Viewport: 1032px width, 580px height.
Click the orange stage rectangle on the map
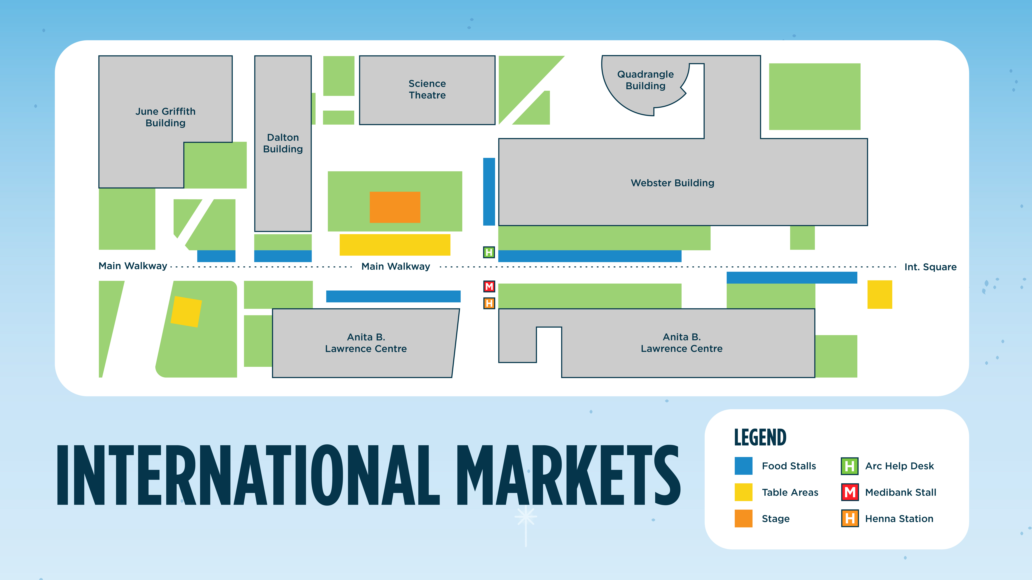[395, 207]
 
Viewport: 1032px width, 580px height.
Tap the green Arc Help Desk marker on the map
[489, 252]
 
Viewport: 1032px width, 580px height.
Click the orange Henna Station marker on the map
[489, 303]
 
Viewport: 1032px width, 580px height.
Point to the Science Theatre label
[427, 89]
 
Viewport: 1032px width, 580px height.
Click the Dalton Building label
[283, 143]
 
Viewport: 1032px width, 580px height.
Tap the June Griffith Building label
[166, 117]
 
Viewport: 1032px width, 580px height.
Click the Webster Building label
[672, 183]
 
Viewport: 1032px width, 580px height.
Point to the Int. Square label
[930, 267]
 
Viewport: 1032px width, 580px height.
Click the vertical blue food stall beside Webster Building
[489, 191]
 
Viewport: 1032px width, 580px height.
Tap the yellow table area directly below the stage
[395, 245]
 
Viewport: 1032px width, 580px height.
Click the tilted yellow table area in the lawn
[186, 311]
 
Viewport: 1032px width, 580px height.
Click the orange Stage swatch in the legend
[743, 518]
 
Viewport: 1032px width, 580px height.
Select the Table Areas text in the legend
[790, 492]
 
